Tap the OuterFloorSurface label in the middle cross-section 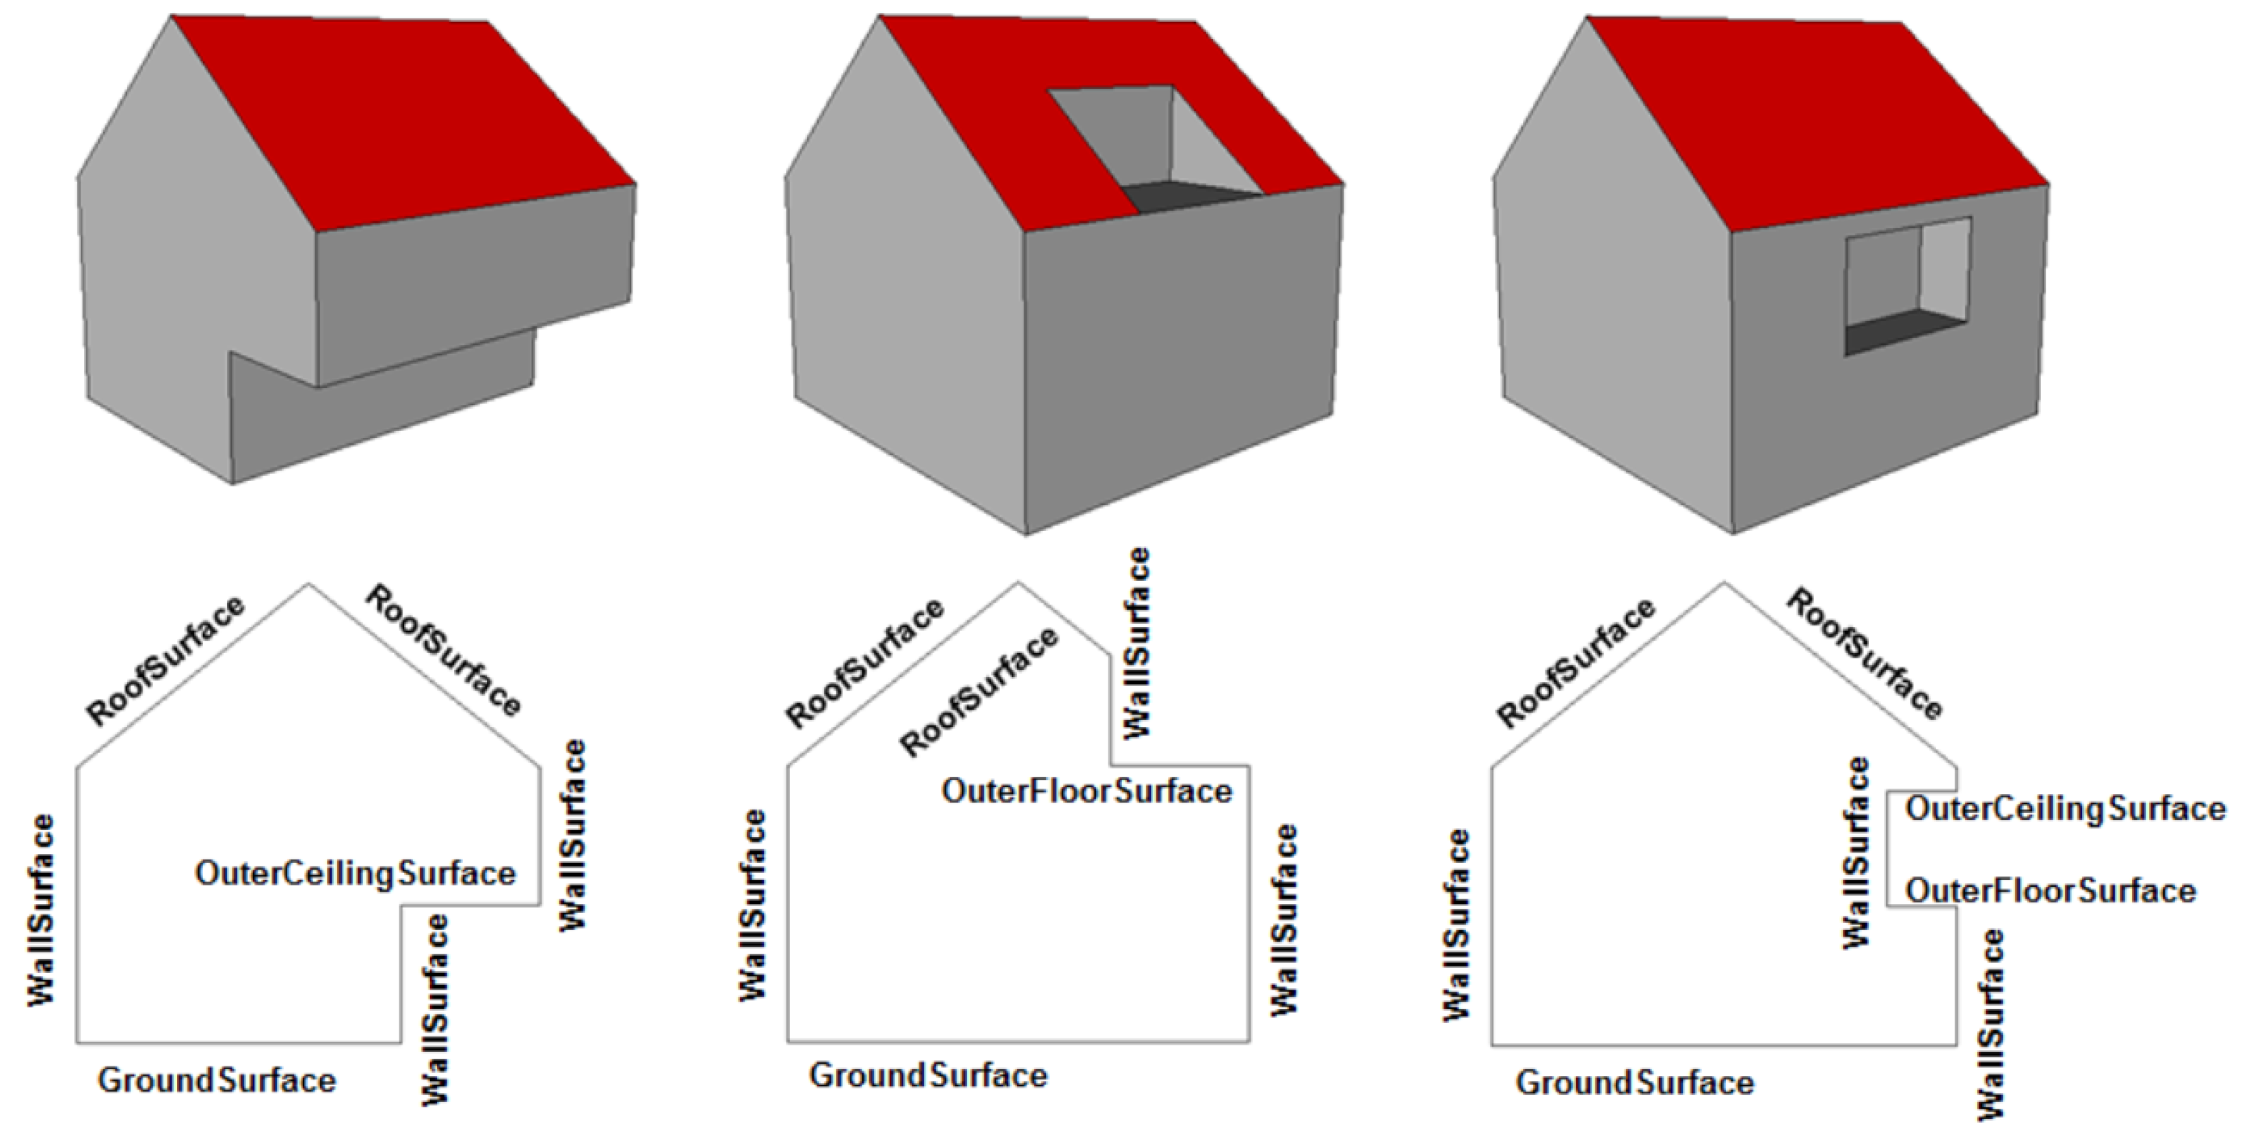1086,791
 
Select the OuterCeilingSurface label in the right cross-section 2065,809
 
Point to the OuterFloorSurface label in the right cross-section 2050,891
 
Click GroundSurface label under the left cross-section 217,1080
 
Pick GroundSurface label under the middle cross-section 928,1075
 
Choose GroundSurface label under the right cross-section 1634,1083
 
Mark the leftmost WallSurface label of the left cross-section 41,910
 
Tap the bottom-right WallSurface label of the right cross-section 1990,1024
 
